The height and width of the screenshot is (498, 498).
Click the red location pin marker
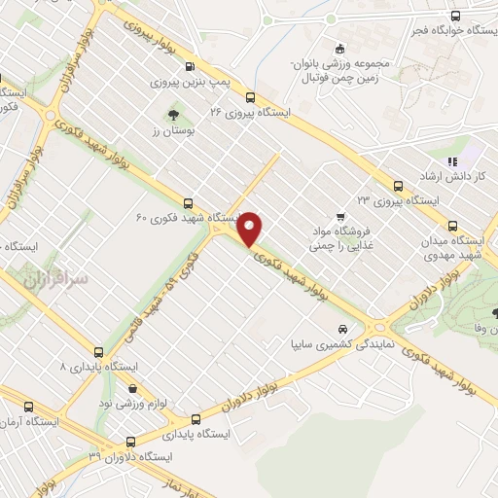point(251,228)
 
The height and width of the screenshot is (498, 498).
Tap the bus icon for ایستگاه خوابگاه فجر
point(455,16)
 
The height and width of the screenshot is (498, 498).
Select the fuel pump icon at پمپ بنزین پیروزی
point(188,66)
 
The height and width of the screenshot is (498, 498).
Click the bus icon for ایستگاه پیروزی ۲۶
point(250,96)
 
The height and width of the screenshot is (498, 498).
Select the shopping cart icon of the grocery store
point(338,216)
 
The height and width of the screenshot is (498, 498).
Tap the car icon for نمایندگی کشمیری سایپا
point(341,329)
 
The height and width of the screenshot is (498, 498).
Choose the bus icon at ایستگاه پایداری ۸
point(98,351)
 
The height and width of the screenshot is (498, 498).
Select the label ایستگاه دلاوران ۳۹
point(129,456)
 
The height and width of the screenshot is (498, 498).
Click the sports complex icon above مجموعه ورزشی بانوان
point(338,49)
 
